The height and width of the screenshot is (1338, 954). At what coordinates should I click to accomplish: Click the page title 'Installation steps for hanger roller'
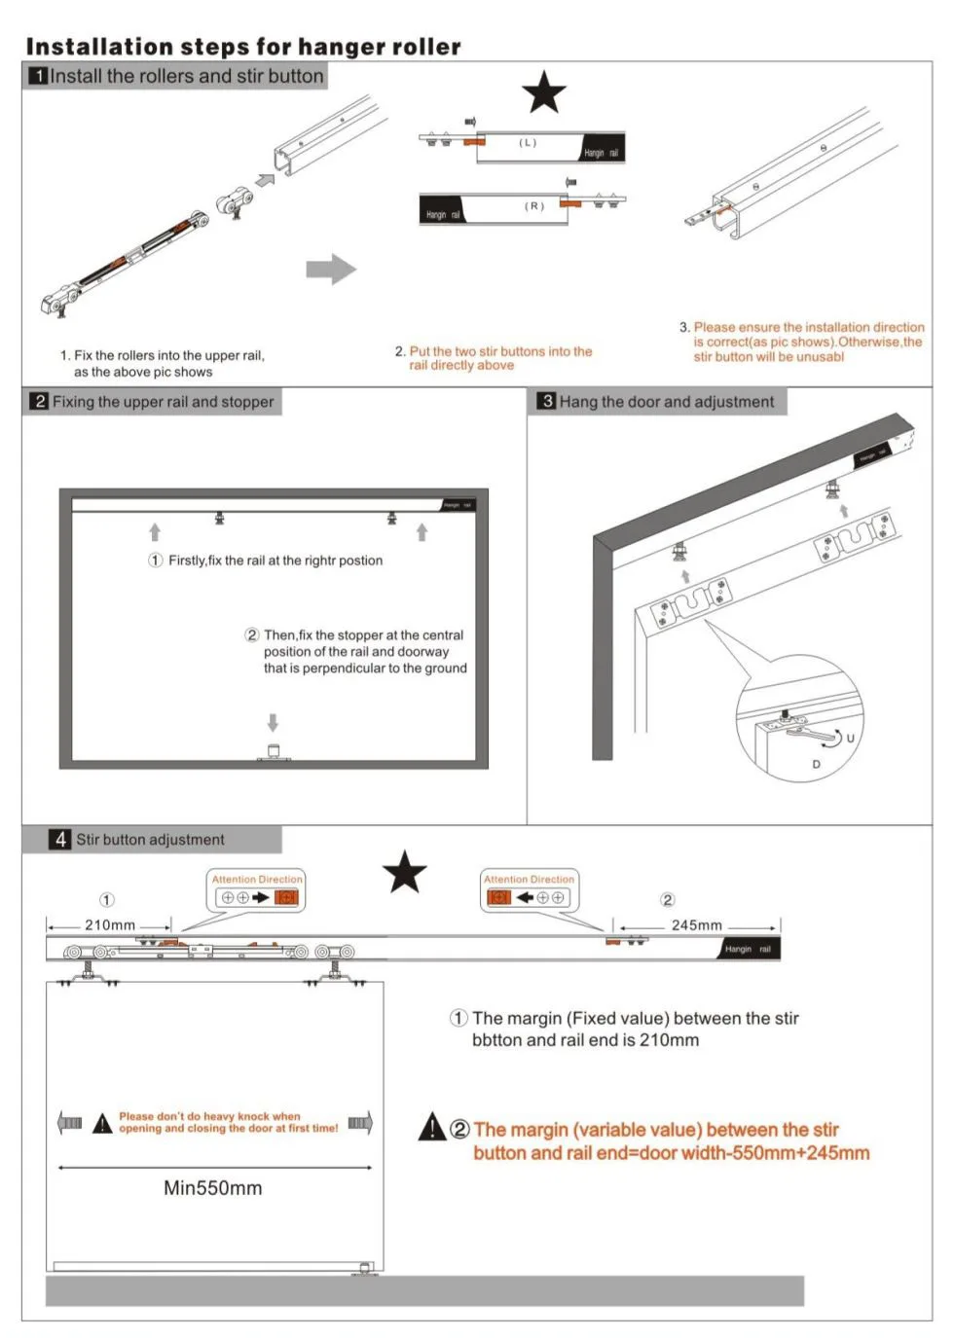(x=243, y=47)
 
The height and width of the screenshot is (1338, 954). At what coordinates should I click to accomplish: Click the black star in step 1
(x=544, y=92)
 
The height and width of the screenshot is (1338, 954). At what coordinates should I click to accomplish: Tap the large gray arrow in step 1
(x=331, y=269)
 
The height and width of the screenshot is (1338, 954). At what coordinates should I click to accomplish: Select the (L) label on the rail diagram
(x=528, y=143)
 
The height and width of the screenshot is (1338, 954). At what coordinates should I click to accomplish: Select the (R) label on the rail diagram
(x=534, y=206)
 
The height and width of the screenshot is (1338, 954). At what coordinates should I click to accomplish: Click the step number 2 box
(x=39, y=401)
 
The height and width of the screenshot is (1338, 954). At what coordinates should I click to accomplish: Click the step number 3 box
(x=547, y=401)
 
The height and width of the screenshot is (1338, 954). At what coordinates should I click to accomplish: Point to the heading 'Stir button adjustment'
(x=150, y=839)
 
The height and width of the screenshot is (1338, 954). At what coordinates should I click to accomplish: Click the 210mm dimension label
(x=110, y=924)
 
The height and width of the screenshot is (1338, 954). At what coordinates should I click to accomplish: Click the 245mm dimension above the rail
(x=697, y=924)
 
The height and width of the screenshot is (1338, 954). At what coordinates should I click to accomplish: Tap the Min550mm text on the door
(x=212, y=1188)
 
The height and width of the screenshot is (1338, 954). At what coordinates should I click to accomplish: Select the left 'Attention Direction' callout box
(x=257, y=890)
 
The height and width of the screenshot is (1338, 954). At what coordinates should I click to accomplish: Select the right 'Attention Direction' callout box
(x=529, y=890)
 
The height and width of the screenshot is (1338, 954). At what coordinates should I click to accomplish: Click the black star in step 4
(x=405, y=872)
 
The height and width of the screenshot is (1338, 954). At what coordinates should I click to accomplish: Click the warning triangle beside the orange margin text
(x=432, y=1127)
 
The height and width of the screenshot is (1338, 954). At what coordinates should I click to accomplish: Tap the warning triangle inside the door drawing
(x=102, y=1124)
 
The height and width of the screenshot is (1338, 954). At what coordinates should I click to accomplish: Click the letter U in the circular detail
(x=850, y=739)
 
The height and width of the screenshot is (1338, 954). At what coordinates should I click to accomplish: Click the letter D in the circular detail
(x=816, y=765)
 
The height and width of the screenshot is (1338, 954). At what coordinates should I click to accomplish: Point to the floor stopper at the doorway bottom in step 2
(x=274, y=752)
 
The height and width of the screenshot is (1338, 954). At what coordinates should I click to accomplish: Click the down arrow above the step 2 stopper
(x=273, y=722)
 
